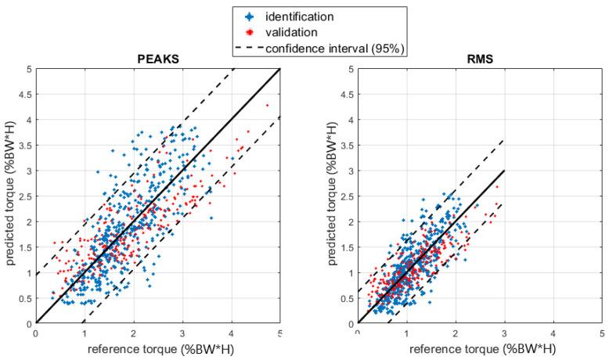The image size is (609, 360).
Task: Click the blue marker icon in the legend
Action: pos(251,16)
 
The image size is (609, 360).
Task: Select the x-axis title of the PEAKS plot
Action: pos(157,348)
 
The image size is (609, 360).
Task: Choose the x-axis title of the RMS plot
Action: pos(480,348)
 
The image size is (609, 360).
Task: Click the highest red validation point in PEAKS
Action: pos(267,105)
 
